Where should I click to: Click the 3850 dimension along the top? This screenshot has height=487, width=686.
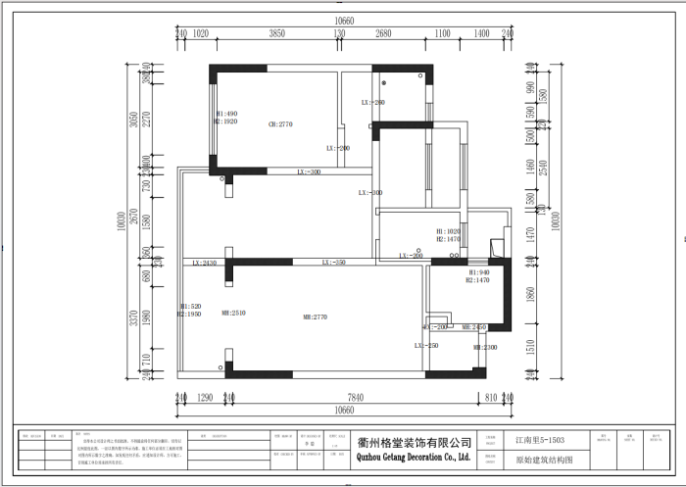(x=277, y=33)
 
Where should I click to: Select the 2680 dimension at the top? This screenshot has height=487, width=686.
(x=382, y=33)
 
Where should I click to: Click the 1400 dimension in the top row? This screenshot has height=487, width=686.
(x=481, y=33)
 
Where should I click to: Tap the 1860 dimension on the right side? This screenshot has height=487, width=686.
(x=530, y=295)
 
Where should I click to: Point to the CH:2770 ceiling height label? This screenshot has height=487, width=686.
(x=281, y=124)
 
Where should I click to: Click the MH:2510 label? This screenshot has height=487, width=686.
(x=233, y=313)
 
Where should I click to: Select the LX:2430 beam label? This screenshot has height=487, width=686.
(x=204, y=263)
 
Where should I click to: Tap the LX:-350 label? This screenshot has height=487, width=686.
(x=334, y=263)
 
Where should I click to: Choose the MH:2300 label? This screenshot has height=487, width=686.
(x=486, y=347)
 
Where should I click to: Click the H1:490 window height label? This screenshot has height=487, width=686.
(x=226, y=114)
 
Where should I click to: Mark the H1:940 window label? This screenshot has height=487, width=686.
(x=478, y=271)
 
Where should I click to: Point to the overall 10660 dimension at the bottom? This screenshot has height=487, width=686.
(x=342, y=411)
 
